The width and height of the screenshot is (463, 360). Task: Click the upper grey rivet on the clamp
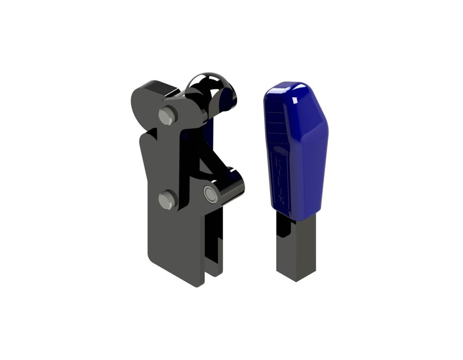pos(168,116)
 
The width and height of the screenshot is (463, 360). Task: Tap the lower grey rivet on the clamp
pos(168,200)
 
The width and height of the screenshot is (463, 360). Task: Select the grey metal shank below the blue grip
pos(296,247)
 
